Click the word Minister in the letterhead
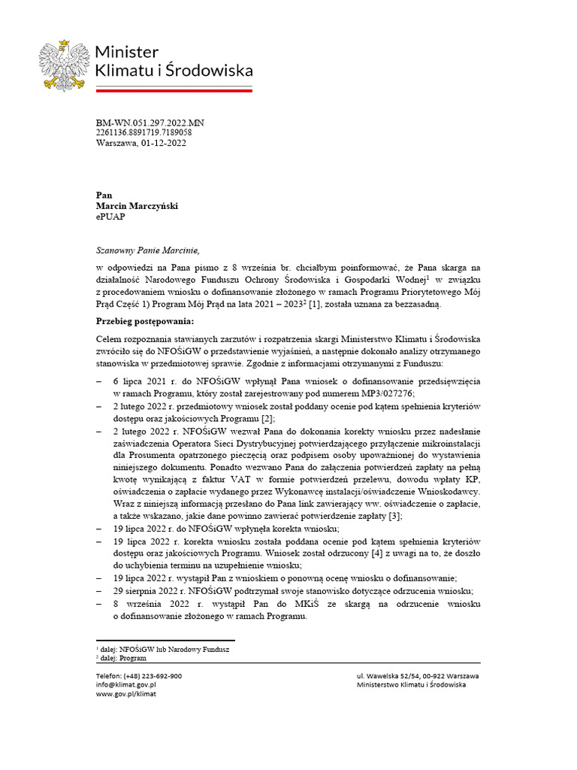126,52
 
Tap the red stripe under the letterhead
174,89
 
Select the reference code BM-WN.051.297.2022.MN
150,122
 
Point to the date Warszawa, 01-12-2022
140,143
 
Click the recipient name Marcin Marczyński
137,205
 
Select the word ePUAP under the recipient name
112,216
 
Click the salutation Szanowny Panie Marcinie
149,250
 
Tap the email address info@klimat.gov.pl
125,685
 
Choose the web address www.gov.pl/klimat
126,694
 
